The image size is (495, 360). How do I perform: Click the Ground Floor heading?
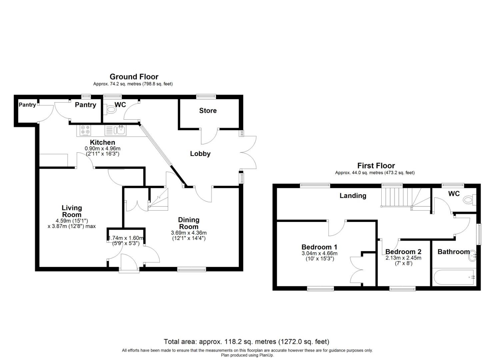(x=134, y=77)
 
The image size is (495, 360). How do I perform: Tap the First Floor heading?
(x=376, y=166)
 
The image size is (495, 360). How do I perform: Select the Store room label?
(x=208, y=111)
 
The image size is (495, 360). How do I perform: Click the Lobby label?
(x=200, y=154)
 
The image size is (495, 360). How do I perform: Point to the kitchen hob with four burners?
(x=85, y=130)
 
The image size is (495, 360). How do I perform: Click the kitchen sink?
(x=120, y=130)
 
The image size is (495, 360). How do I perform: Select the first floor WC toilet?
(x=469, y=200)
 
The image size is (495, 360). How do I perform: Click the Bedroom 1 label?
(x=319, y=247)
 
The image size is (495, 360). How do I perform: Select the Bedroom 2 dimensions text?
(x=403, y=261)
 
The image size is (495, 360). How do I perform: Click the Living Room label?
(x=72, y=211)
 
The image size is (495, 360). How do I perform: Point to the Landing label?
(x=353, y=196)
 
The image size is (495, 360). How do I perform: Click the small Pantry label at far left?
(x=27, y=105)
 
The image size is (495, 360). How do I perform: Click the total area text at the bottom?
(x=246, y=342)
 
